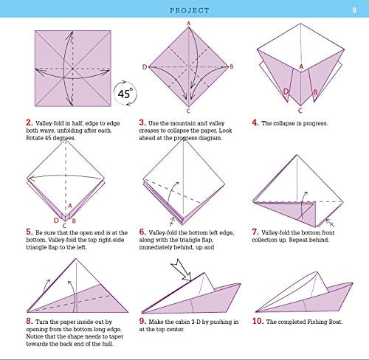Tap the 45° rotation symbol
[x=125, y=94]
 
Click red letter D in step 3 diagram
[x=144, y=67]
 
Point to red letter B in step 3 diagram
[x=231, y=67]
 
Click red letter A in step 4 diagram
[x=300, y=66]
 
